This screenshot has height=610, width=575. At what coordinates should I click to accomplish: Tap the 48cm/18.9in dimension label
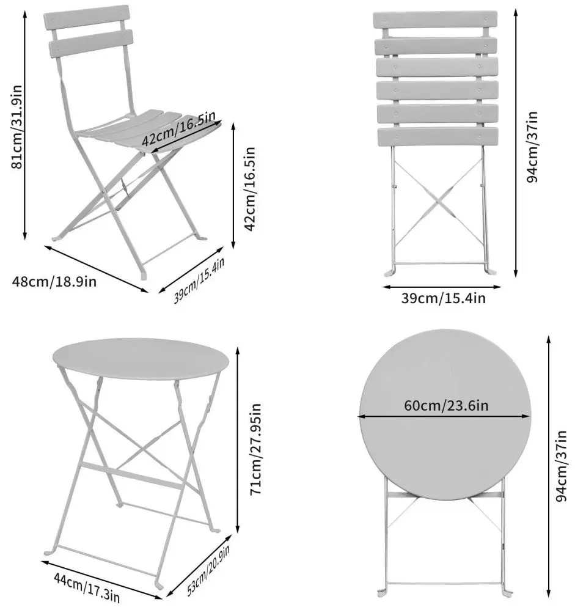click(x=54, y=282)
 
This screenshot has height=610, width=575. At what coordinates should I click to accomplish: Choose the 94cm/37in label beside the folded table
click(x=563, y=465)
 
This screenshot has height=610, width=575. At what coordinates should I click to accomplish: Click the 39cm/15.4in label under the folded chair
click(x=443, y=298)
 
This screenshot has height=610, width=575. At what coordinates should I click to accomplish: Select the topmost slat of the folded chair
click(x=434, y=20)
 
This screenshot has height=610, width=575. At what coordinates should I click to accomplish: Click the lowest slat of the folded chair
click(x=434, y=136)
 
